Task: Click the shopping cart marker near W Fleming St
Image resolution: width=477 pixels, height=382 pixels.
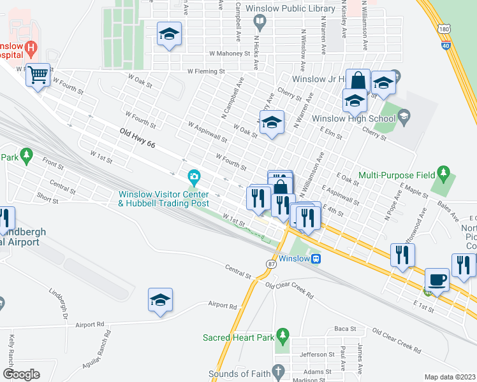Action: pyautogui.click(x=38, y=76)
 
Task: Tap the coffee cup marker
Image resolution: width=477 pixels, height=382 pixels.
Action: pyautogui.click(x=437, y=279)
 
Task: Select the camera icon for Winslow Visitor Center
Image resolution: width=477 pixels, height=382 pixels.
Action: pyautogui.click(x=193, y=176)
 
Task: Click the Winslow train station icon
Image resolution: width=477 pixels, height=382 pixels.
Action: pyautogui.click(x=316, y=258)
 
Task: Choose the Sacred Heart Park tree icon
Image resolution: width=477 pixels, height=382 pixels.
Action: pyautogui.click(x=284, y=334)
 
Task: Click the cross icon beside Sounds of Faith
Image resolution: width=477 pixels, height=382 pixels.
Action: pyautogui.click(x=276, y=371)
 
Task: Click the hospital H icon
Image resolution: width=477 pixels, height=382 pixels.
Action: pyautogui.click(x=30, y=46)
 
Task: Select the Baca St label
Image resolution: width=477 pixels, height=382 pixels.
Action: pyautogui.click(x=345, y=329)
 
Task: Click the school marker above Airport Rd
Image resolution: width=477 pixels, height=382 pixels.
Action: pyautogui.click(x=161, y=300)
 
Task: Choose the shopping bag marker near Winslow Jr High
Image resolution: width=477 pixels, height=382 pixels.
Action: pyautogui.click(x=358, y=81)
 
